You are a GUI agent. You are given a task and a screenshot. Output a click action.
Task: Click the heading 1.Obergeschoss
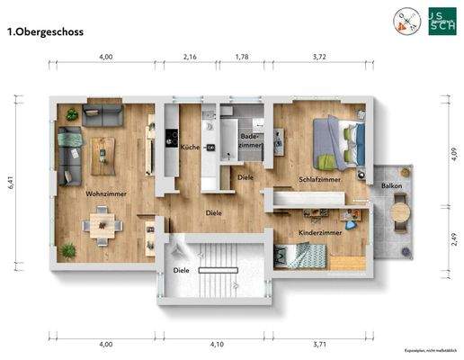44,31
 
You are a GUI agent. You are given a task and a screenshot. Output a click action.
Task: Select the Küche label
189,147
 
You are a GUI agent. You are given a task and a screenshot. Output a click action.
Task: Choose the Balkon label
391,186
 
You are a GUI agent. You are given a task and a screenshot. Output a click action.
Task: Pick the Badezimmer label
250,140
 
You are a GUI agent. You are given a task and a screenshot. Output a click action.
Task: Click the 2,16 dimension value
190,57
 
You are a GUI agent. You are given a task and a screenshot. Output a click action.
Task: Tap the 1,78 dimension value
241,57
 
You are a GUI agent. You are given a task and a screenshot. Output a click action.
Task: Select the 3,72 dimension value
318,57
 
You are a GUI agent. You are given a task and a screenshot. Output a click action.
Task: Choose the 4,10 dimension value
218,344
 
